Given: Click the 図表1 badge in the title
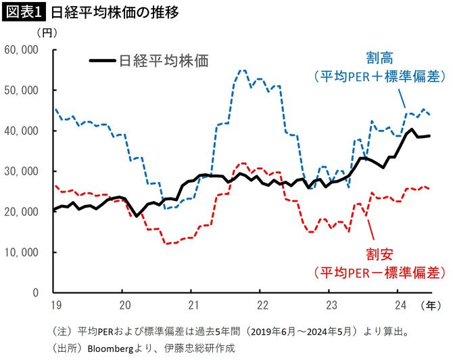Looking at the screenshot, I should click(x=24, y=12).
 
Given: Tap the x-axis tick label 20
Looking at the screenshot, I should click(x=122, y=305).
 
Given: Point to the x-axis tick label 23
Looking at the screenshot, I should click(x=330, y=305).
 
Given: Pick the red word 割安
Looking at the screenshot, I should click(x=379, y=255).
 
